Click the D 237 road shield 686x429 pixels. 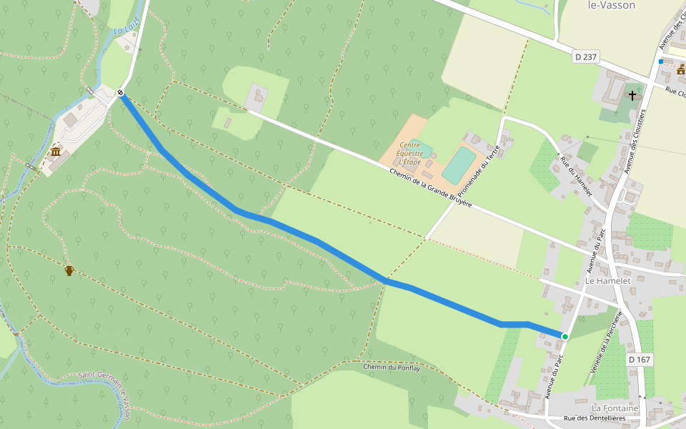point(585,56)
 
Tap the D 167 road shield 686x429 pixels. point(640,359)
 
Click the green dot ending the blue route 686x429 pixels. point(565,336)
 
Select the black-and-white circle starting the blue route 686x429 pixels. point(121,92)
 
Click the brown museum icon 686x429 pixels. point(56,152)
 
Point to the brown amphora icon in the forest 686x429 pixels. point(69,270)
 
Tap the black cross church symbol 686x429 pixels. point(632,94)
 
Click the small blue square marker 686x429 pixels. point(661,62)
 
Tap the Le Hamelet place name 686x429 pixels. point(607,282)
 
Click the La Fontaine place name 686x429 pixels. point(615,408)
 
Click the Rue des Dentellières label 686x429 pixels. point(595,418)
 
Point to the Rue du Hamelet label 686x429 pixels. point(577,176)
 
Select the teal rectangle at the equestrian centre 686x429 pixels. point(459,165)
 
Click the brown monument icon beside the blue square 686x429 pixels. point(681,69)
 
